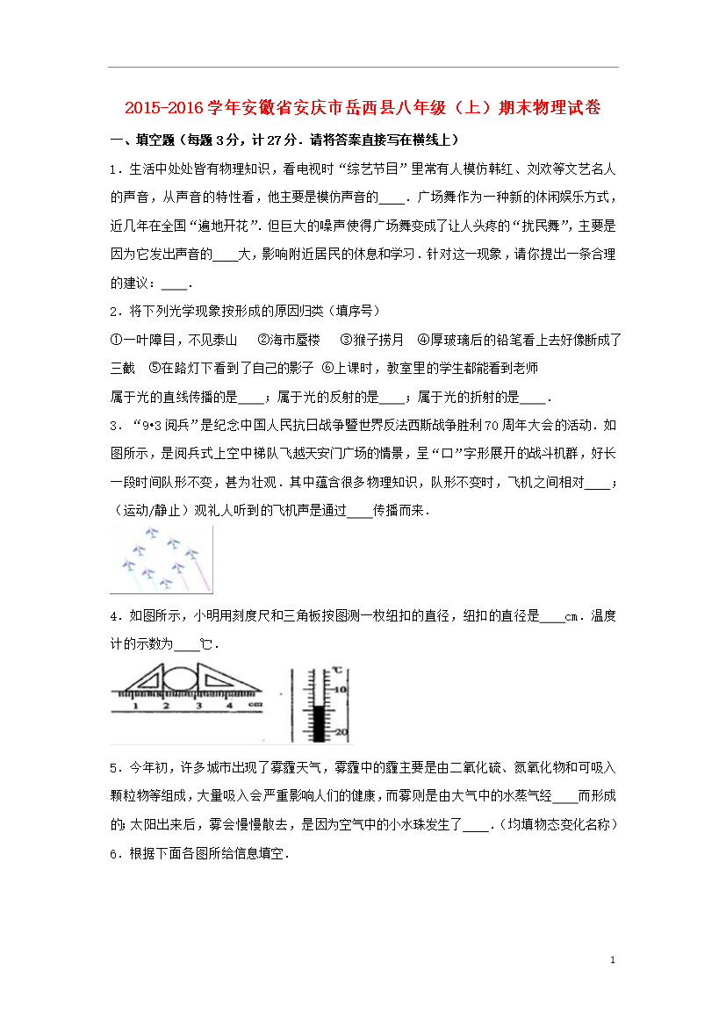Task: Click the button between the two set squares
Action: (180, 679)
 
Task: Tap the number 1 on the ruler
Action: (135, 706)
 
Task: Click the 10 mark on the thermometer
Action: (342, 690)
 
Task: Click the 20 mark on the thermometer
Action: (342, 732)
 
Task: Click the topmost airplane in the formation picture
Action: (152, 532)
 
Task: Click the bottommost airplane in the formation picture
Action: (166, 583)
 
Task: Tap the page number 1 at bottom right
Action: (613, 961)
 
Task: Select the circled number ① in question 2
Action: (115, 340)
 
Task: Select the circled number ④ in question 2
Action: (422, 340)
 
